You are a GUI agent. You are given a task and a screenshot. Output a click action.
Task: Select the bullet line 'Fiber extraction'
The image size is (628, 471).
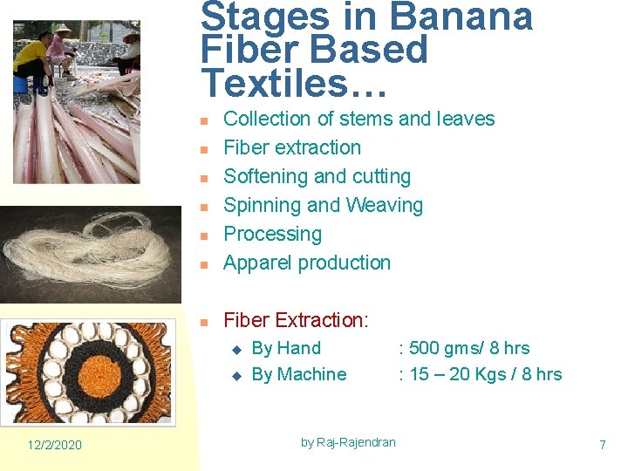pyautogui.click(x=292, y=147)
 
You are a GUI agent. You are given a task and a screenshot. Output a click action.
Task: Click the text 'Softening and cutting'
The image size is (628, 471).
pyautogui.click(x=317, y=176)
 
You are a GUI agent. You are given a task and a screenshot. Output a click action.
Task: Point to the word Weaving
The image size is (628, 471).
pyautogui.click(x=385, y=205)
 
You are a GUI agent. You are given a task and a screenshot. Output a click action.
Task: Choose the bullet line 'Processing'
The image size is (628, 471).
pyautogui.click(x=272, y=234)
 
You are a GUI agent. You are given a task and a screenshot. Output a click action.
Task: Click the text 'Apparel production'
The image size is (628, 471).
pyautogui.click(x=307, y=263)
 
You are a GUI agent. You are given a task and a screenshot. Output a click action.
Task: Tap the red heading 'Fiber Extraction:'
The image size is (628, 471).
pyautogui.click(x=297, y=320)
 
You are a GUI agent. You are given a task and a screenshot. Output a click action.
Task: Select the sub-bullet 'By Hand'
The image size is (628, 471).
pyautogui.click(x=286, y=348)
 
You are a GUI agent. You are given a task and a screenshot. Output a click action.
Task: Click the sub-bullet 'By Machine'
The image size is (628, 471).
pyautogui.click(x=298, y=374)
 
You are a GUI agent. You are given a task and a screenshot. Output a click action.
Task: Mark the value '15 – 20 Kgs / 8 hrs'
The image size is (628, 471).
pyautogui.click(x=485, y=374)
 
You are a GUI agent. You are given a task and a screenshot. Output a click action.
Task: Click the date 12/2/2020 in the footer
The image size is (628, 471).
pyautogui.click(x=54, y=445)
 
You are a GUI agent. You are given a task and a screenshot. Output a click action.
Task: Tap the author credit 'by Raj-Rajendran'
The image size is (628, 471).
pyautogui.click(x=348, y=442)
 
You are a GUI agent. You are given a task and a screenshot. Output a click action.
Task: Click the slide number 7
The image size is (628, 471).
pyautogui.click(x=602, y=445)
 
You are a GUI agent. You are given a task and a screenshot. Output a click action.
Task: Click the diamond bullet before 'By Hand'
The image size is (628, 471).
pyautogui.click(x=235, y=349)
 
